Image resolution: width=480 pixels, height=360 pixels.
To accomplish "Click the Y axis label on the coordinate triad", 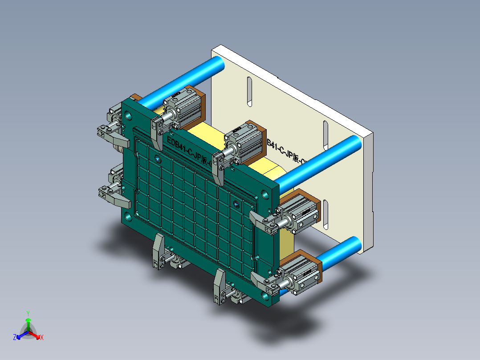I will tap(28, 313).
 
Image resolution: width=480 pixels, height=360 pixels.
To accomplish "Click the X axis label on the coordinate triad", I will tap(42, 337).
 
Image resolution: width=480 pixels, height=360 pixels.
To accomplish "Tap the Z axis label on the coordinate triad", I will tap(15, 337).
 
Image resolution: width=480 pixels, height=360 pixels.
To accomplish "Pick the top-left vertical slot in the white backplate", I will tap(250, 92).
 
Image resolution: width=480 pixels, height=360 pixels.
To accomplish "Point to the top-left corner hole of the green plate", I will tap(129, 116).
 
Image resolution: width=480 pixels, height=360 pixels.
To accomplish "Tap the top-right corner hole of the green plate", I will tap(265, 195).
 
